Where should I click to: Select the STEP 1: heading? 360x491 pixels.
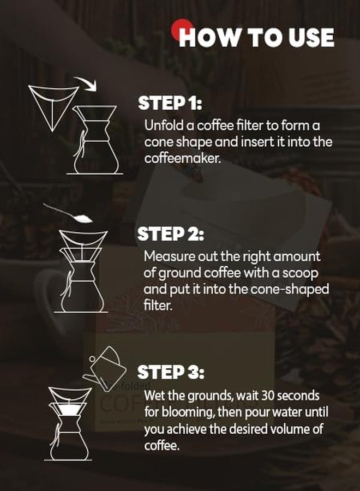pos(170,103)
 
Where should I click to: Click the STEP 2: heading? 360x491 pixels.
pos(171,234)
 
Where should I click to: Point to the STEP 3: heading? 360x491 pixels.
pos(171,372)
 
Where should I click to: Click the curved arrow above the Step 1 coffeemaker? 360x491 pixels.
pos(86,82)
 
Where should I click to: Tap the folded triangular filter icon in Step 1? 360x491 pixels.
pos(53,107)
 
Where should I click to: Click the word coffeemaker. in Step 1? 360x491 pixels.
pos(183,158)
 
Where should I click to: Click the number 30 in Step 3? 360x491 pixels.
pos(259,396)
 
